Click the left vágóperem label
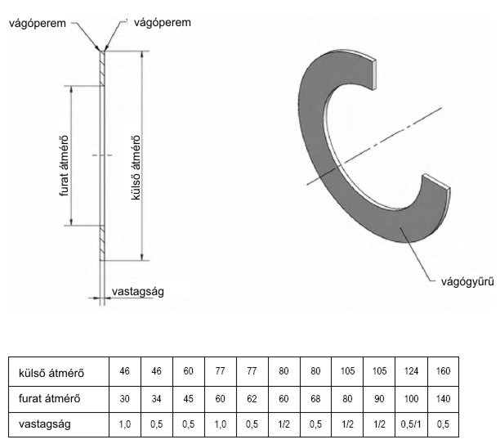point(38,23)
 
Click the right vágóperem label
point(163,23)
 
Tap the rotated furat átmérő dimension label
point(64,166)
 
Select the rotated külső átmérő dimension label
point(136,168)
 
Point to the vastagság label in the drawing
point(138,292)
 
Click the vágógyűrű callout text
point(467,281)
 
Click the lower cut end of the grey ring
point(437,182)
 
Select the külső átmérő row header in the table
point(51,373)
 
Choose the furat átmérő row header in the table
point(49,399)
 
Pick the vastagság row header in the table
point(45,424)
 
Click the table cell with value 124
point(411,371)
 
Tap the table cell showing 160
point(444,371)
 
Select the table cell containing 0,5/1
point(411,424)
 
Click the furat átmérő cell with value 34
point(157,399)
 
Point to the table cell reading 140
point(444,399)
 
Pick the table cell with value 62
point(252,399)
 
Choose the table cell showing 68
point(315,399)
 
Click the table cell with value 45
point(189,399)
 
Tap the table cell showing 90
point(379,399)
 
